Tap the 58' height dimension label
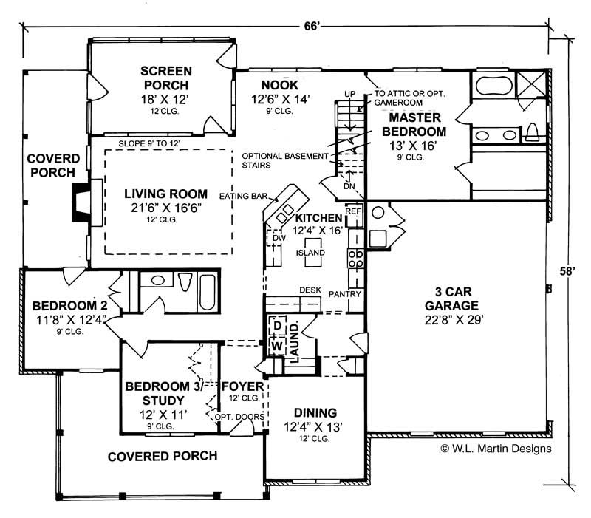click(x=567, y=271)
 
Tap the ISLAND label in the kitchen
click(x=310, y=252)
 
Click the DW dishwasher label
click(x=279, y=239)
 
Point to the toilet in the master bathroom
click(x=533, y=132)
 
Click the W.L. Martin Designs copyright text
click(x=496, y=448)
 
